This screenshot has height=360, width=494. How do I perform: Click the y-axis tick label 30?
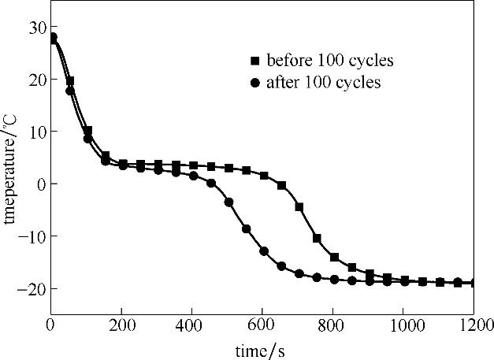coord(35,28)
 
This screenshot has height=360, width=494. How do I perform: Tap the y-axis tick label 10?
coord(35,132)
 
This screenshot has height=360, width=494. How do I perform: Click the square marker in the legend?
coord(254,61)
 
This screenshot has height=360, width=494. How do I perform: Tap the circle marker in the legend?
coord(254,82)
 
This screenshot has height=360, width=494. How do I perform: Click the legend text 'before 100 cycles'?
coord(330,61)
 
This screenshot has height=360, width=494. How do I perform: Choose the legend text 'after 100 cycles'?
coord(324,82)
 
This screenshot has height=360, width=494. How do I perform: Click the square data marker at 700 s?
coord(299,207)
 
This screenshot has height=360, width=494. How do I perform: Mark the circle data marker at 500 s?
coord(229,202)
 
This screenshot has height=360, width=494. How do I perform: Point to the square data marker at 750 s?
coord(317,238)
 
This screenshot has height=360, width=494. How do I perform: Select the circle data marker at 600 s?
coord(264,251)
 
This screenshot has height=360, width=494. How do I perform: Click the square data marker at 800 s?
coord(334,257)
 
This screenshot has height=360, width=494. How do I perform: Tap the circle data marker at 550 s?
coord(247,229)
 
